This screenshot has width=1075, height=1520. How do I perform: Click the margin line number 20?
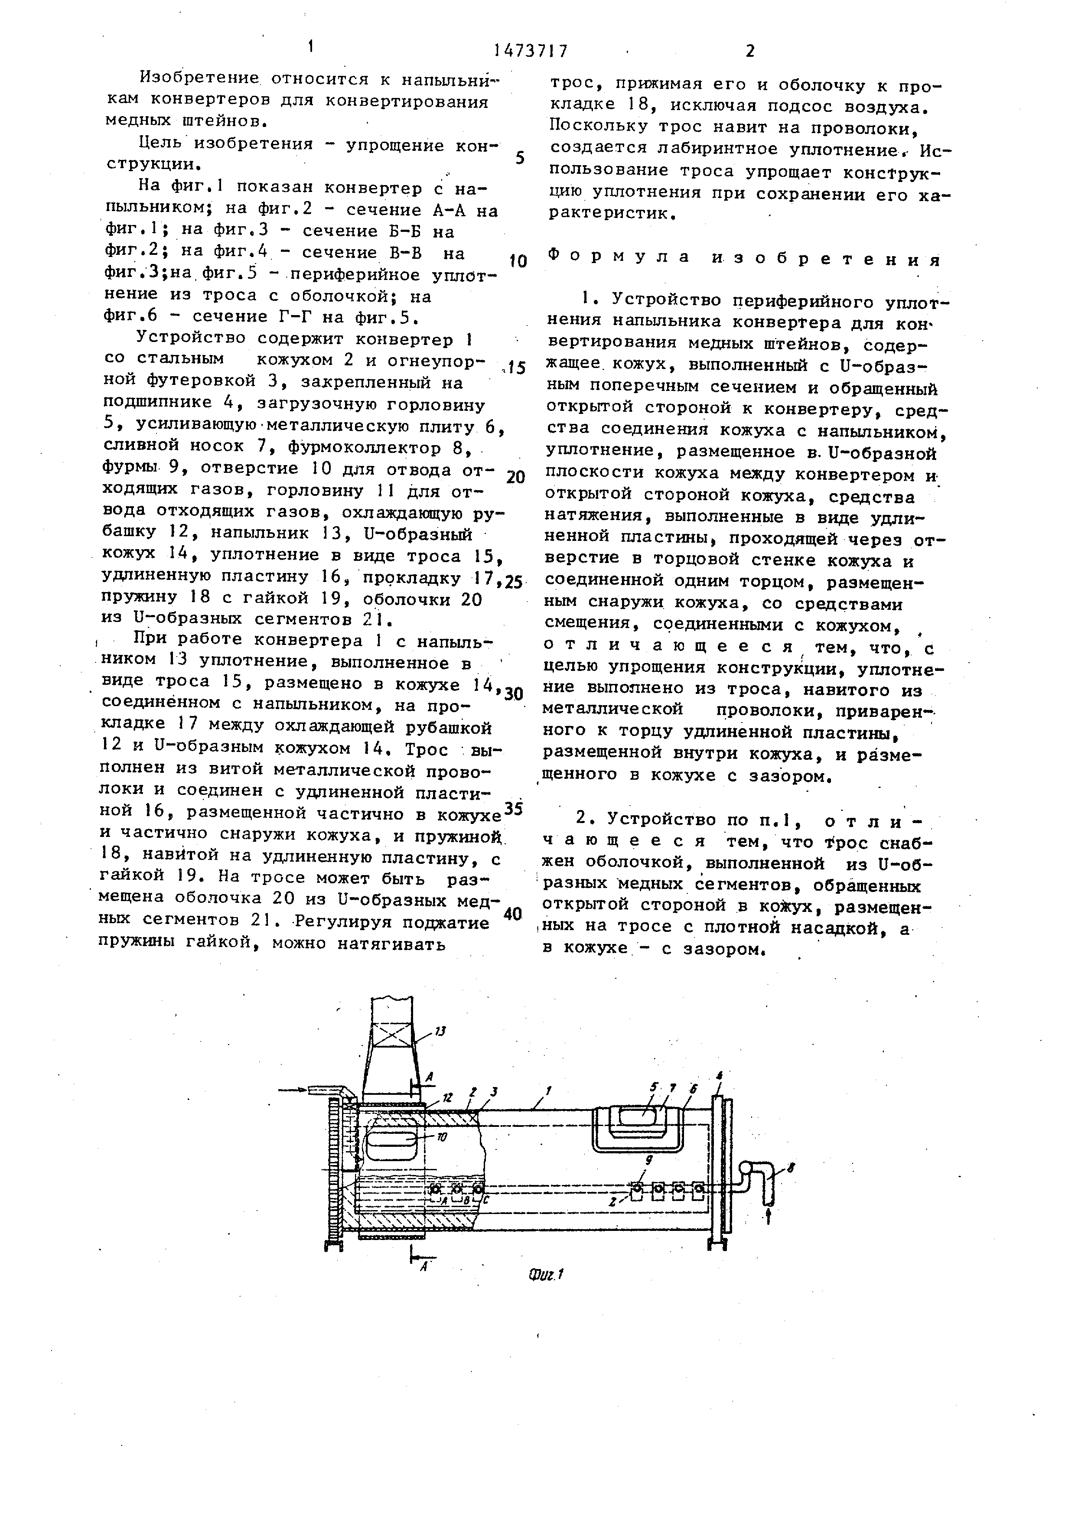click(x=515, y=477)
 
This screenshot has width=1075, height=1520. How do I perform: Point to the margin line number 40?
click(x=513, y=914)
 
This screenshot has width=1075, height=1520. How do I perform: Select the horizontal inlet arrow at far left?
click(x=295, y=1089)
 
